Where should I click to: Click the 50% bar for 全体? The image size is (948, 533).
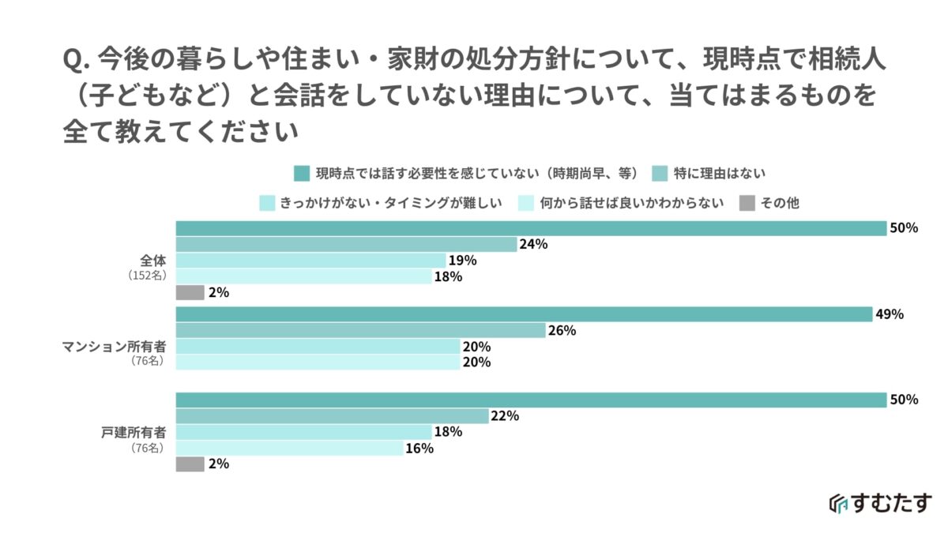pos(531,228)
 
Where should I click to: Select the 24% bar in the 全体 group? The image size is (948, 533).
pos(346,245)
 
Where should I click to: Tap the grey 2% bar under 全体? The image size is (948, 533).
pos(190,292)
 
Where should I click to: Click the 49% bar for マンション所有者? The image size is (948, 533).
pos(524,314)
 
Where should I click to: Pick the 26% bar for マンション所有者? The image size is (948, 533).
pos(360,330)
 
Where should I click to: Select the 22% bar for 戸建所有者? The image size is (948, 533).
pos(333,416)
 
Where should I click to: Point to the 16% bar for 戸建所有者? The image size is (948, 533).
pos(290,448)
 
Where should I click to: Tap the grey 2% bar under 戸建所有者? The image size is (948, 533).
pos(190,464)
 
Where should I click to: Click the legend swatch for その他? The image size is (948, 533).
pos(747,203)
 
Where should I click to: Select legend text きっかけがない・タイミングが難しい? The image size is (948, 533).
pos(391,203)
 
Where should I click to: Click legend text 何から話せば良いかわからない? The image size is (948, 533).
pos(632,203)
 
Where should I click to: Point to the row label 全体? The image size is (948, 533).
pos(151,260)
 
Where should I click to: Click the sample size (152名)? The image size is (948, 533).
pos(145,276)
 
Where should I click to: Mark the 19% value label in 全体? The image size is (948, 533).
pos(462,261)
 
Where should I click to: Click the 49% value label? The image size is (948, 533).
pos(890,314)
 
